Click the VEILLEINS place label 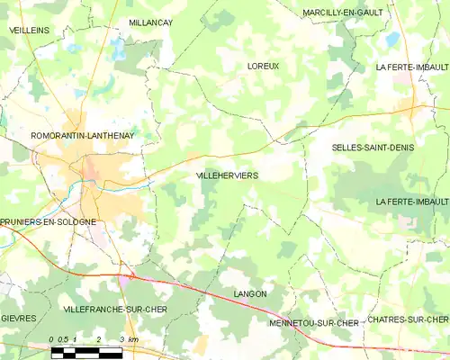(x=29, y=30)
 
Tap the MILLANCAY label (x=150, y=22)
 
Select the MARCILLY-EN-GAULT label (x=343, y=13)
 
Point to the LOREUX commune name (x=263, y=66)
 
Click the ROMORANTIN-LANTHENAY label (x=58, y=136)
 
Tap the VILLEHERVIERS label (x=226, y=177)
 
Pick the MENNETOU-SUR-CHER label (x=313, y=322)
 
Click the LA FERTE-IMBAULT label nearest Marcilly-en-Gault (x=412, y=67)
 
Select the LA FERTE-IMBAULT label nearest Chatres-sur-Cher (x=412, y=201)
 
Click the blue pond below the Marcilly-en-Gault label (x=392, y=40)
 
